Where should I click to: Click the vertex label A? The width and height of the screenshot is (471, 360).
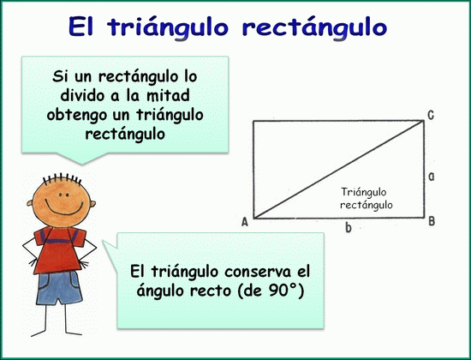(x=245, y=222)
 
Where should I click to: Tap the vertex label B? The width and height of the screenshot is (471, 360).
(x=432, y=221)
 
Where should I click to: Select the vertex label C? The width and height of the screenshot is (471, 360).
(x=431, y=115)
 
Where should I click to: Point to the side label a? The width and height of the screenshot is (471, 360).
(x=431, y=177)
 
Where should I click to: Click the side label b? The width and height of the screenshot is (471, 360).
(x=349, y=228)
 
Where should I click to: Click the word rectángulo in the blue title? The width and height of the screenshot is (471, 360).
(x=314, y=27)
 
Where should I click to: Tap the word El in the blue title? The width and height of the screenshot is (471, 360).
(x=80, y=27)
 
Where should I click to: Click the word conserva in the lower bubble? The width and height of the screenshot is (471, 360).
(x=258, y=272)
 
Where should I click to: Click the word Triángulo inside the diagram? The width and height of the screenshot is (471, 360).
(x=363, y=192)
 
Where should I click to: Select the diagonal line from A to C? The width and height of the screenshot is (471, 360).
(x=338, y=169)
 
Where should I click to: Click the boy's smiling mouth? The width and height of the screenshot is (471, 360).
(x=64, y=207)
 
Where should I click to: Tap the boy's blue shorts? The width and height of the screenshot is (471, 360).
(x=59, y=288)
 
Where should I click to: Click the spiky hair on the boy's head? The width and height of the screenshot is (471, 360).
(x=62, y=178)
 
